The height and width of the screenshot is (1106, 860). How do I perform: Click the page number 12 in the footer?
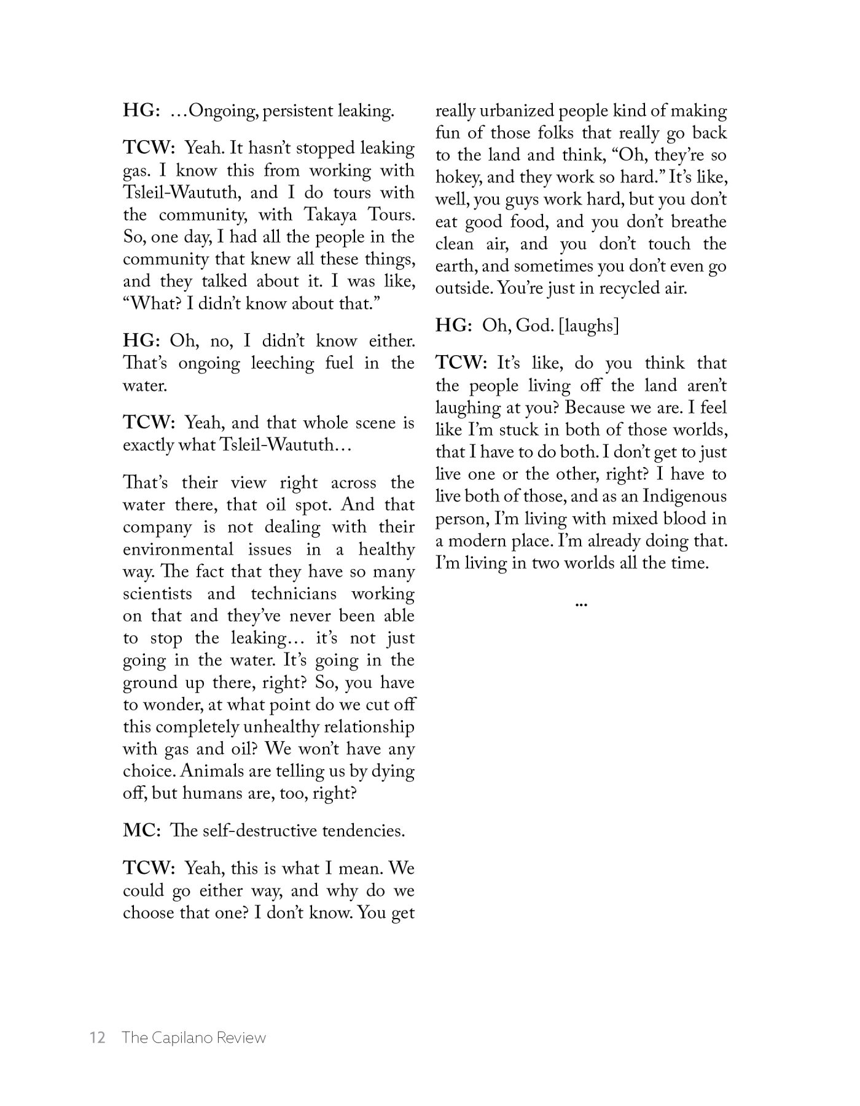click(98, 1038)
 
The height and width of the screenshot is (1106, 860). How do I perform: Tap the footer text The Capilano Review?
click(193, 1038)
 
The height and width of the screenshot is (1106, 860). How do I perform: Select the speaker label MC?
click(142, 831)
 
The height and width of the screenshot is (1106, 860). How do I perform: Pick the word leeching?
click(279, 363)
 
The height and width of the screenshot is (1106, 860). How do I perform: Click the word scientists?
click(157, 594)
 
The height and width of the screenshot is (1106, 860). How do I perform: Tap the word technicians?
click(294, 594)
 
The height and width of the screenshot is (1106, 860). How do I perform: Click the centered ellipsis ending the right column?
click(580, 605)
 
